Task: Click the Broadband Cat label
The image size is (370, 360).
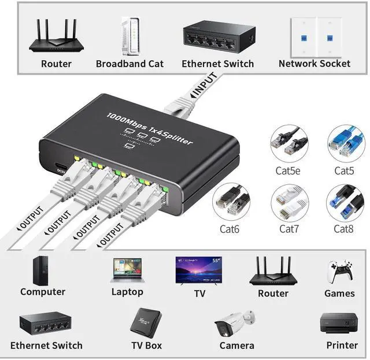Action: pyautogui.click(x=129, y=64)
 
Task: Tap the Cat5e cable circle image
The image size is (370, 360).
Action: pyautogui.click(x=290, y=144)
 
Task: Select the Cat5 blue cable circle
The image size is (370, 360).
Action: pyautogui.click(x=345, y=144)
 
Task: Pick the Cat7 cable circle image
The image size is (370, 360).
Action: pyautogui.click(x=290, y=203)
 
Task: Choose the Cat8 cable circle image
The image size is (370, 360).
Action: pyautogui.click(x=345, y=203)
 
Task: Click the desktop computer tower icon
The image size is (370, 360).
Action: pyautogui.click(x=42, y=270)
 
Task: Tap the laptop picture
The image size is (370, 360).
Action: pyautogui.click(x=127, y=270)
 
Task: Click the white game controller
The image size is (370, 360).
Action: pyautogui.click(x=339, y=272)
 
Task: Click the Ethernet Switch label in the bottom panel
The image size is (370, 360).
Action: pyautogui.click(x=46, y=346)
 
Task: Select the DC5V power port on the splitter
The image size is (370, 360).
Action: pyautogui.click(x=60, y=169)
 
